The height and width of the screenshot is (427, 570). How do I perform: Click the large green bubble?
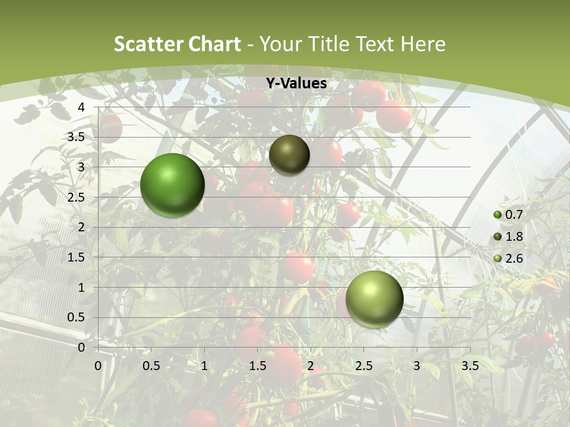[172, 185]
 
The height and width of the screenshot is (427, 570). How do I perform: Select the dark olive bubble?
[289, 155]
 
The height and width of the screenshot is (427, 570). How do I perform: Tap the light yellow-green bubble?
[374, 299]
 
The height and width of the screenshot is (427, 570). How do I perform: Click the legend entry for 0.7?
[509, 215]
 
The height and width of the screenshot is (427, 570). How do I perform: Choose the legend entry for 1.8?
[509, 237]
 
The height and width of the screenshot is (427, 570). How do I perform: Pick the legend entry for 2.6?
[509, 259]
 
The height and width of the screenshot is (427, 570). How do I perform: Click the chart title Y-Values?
[296, 84]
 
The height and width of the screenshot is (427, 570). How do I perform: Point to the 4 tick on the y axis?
[81, 107]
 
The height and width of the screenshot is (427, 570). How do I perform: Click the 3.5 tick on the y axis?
[77, 137]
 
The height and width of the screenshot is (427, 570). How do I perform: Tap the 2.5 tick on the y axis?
[77, 197]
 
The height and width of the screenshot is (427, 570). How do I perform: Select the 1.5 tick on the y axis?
[77, 257]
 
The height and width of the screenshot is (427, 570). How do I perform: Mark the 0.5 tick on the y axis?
[77, 317]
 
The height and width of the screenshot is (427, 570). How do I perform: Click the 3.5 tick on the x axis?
[470, 366]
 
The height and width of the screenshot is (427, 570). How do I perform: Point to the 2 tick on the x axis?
[311, 366]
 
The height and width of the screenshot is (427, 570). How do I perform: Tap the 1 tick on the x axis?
[204, 366]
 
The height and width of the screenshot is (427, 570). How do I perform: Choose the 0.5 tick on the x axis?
[151, 366]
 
